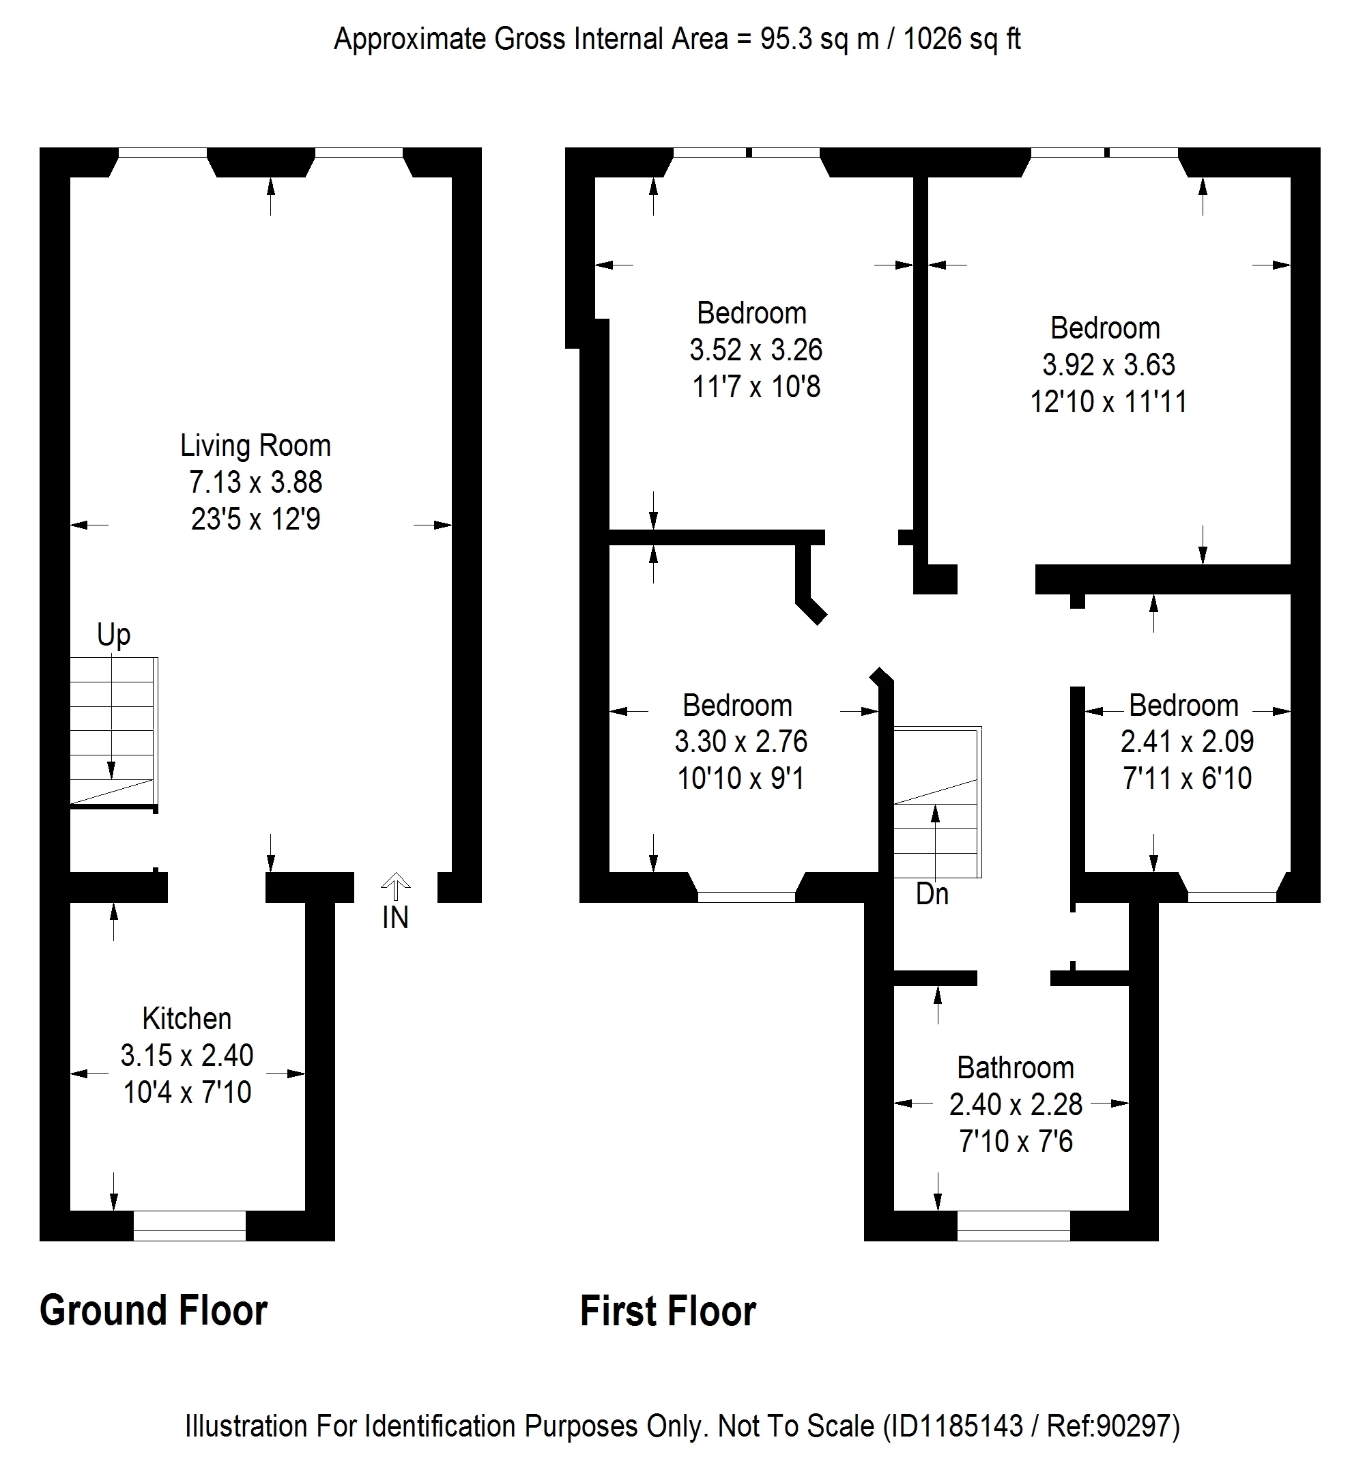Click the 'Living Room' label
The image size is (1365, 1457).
[255, 446]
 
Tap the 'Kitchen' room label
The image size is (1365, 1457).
[186, 1019]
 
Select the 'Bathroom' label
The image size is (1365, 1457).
[1015, 1068]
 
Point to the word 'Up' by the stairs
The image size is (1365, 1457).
[113, 635]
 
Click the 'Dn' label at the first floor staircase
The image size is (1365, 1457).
[932, 894]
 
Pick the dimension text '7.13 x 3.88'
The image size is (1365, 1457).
[255, 482]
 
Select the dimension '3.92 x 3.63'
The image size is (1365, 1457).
[1108, 364]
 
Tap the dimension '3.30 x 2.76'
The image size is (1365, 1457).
[741, 742]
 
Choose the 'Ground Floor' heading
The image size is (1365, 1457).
[153, 1311]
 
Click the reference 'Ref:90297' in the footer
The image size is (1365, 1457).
[1111, 1426]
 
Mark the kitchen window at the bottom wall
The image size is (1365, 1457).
[189, 1226]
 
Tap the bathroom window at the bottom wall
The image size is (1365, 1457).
[1013, 1226]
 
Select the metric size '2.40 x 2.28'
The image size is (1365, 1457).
[1016, 1104]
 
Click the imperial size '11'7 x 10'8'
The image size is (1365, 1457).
[756, 386]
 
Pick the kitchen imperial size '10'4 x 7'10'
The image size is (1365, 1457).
[187, 1092]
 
